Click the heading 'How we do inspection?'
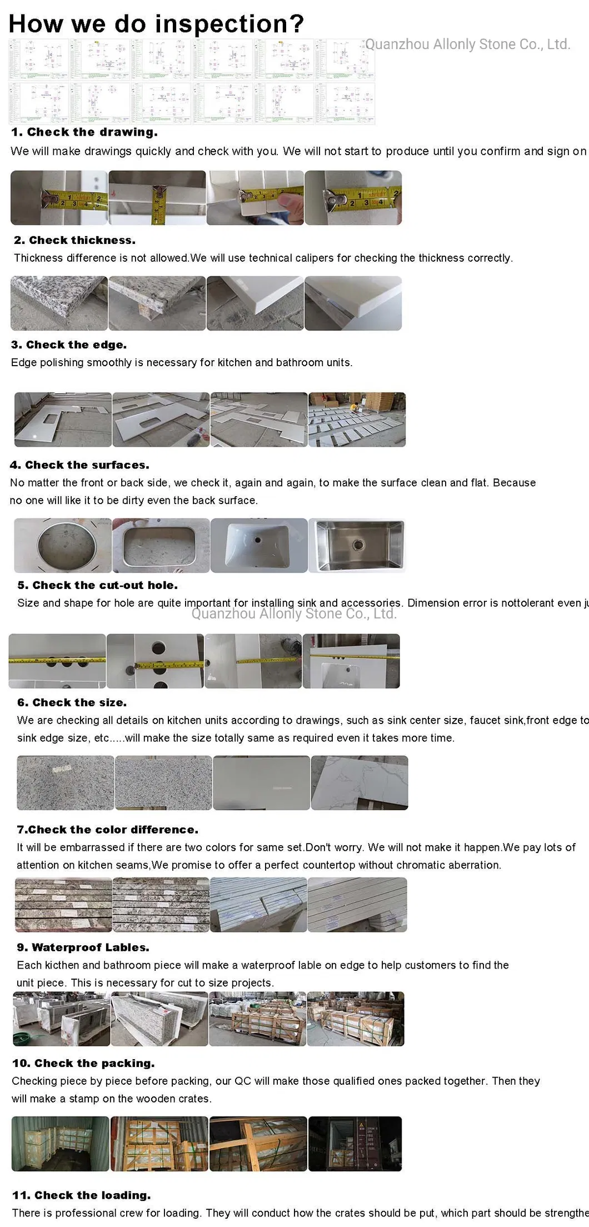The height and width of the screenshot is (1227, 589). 156,24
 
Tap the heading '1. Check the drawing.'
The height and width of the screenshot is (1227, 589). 84,132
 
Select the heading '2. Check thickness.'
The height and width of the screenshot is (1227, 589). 74,240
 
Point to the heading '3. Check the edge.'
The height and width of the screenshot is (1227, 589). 69,345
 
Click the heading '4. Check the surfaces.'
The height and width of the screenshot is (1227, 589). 79,465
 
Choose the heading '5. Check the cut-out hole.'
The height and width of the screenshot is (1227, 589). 97,585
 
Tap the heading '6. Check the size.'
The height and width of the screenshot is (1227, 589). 72,702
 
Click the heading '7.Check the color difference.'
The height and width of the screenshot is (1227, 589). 107,829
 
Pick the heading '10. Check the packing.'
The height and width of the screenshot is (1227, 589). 83,1063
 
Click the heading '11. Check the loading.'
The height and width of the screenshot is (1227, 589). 81,1195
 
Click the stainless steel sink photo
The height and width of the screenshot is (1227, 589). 357,545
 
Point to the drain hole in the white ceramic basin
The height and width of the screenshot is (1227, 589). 259,538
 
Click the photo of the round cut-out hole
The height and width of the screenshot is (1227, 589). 62,545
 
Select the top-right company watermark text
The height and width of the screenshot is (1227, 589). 468,44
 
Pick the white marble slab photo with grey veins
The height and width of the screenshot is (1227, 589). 360,782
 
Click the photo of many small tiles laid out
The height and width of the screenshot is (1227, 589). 357,420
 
